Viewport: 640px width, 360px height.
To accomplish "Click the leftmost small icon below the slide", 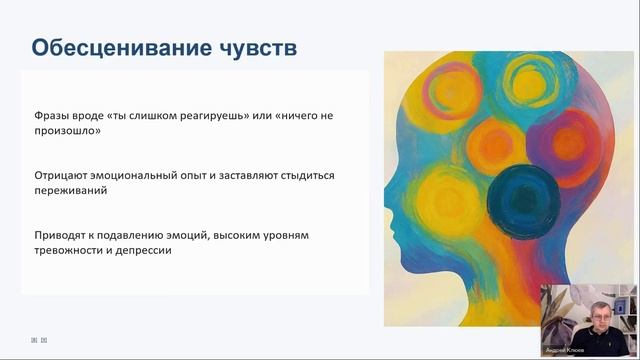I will (x=34, y=340).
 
